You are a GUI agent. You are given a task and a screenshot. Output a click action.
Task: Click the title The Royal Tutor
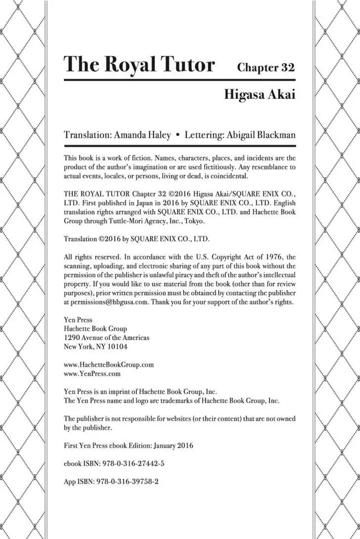[x=139, y=65]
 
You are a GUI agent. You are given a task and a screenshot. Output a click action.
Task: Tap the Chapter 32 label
[x=266, y=67]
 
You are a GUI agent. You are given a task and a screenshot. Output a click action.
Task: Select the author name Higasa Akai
[x=260, y=94]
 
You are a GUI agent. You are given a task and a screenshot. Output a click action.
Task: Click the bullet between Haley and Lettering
[x=177, y=135]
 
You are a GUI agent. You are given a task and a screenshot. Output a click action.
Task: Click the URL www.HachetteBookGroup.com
[x=109, y=364]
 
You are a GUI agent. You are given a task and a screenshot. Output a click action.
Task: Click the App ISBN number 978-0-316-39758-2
[x=130, y=481]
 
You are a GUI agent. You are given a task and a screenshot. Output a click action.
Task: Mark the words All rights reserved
[x=90, y=257]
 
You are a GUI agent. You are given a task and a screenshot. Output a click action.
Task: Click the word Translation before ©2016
[x=81, y=239]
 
